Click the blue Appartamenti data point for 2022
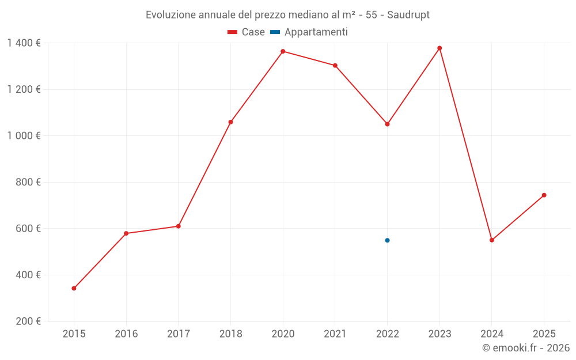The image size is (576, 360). tap(387, 240)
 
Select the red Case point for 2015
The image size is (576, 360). tap(74, 288)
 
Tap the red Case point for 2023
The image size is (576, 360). tap(439, 48)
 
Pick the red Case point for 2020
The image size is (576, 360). tap(283, 51)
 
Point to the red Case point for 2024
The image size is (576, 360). tap(492, 240)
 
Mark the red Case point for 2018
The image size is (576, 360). tap(230, 122)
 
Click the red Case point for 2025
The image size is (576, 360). tap(544, 195)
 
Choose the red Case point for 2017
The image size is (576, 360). tap(179, 226)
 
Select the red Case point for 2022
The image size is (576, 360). tap(387, 124)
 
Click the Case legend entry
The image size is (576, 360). tap(246, 32)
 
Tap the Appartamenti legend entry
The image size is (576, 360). tap(309, 32)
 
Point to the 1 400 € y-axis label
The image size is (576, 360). tap(24, 43)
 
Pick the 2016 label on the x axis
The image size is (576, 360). tap(126, 334)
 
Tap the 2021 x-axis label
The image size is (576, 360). tap(335, 334)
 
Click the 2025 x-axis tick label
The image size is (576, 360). tap(544, 334)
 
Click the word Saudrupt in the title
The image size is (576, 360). tap(408, 15)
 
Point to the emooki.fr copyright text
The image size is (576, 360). tap(526, 348)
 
